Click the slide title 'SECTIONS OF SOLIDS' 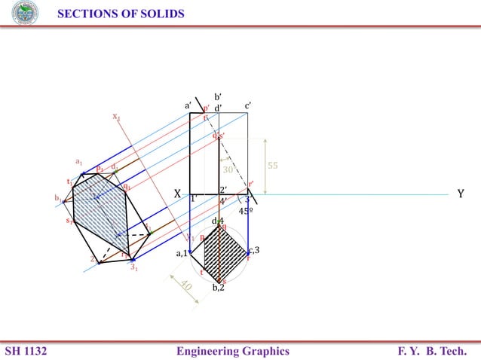coord(121,14)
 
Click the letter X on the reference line coord(177,194)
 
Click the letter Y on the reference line coord(461,194)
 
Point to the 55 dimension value coord(274,165)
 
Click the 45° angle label coord(246,212)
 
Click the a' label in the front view coord(189,106)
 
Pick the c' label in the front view coord(248,106)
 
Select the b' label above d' coord(218,97)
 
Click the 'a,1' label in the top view coord(182,254)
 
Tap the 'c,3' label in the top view coord(254,249)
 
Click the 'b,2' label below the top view coord(218,288)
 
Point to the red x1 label coord(116,117)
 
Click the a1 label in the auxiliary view coord(78,161)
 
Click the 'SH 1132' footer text coord(26,350)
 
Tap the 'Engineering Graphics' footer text coord(232,350)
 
